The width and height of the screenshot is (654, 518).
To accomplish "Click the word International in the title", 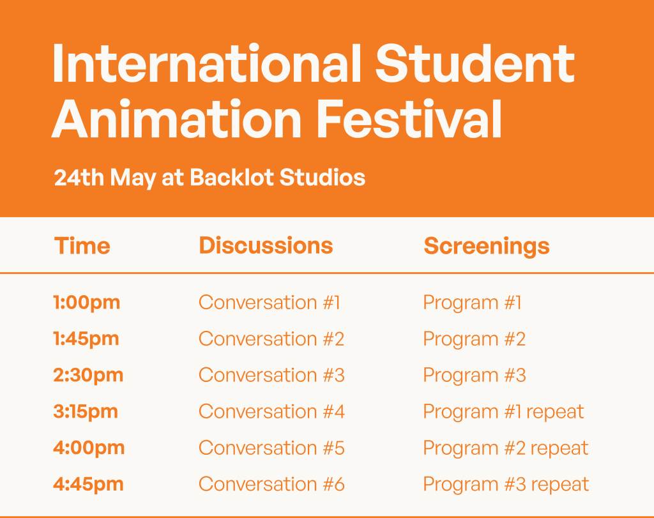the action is [206, 64].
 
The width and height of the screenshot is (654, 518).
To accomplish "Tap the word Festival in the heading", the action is [409, 119].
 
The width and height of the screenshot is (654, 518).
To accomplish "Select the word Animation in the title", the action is [176, 119].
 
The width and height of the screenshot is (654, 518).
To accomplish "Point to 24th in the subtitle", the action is [79, 178].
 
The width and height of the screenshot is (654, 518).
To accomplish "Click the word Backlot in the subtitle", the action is [232, 178].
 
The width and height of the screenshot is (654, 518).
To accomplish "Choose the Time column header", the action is [82, 246].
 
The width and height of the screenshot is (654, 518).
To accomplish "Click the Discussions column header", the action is [266, 246].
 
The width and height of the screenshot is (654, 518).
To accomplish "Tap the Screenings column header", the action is [486, 247].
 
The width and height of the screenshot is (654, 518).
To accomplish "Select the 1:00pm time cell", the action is [87, 303].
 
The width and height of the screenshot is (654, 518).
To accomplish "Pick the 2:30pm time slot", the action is [88, 376].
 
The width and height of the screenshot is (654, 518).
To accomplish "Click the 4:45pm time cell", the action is [88, 485].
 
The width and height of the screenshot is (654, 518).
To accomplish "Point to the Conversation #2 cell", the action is [271, 339].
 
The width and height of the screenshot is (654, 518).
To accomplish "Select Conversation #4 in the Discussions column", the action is [271, 411].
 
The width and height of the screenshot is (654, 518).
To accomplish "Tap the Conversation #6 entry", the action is [271, 484].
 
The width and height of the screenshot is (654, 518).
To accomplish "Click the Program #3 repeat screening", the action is [506, 485].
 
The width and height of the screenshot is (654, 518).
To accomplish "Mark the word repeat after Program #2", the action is [559, 449].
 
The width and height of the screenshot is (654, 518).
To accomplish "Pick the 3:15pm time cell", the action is [86, 411].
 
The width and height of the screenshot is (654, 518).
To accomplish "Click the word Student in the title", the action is [475, 64].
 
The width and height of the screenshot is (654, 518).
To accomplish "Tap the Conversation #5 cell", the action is [271, 448].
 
